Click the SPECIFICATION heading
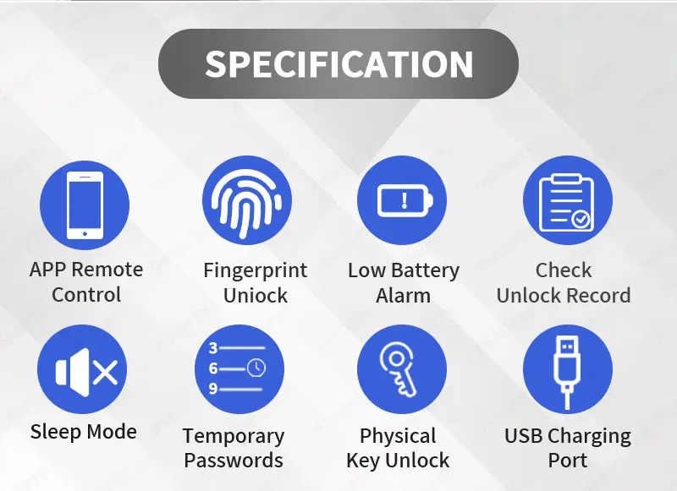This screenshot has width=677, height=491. tap(339, 63)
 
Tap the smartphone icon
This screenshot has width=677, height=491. tap(85, 205)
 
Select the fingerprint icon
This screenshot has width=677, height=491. tap(246, 203)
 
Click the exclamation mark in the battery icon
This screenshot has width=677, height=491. tap(405, 200)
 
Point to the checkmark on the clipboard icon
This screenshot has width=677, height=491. tap(581, 220)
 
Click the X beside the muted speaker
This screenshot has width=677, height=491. tap(105, 373)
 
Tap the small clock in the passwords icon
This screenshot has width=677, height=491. tap(256, 368)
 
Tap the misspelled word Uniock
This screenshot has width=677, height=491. tap(256, 295)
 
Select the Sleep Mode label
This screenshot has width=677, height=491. tap(83, 432)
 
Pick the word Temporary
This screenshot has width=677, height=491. tap(234, 437)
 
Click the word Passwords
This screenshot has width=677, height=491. tap(234, 460)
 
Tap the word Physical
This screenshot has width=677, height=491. tap(398, 437)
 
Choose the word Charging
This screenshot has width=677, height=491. tap(590, 437)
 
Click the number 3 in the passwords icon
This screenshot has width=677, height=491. tap(213, 348)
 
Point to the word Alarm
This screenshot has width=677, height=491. tap(404, 296)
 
